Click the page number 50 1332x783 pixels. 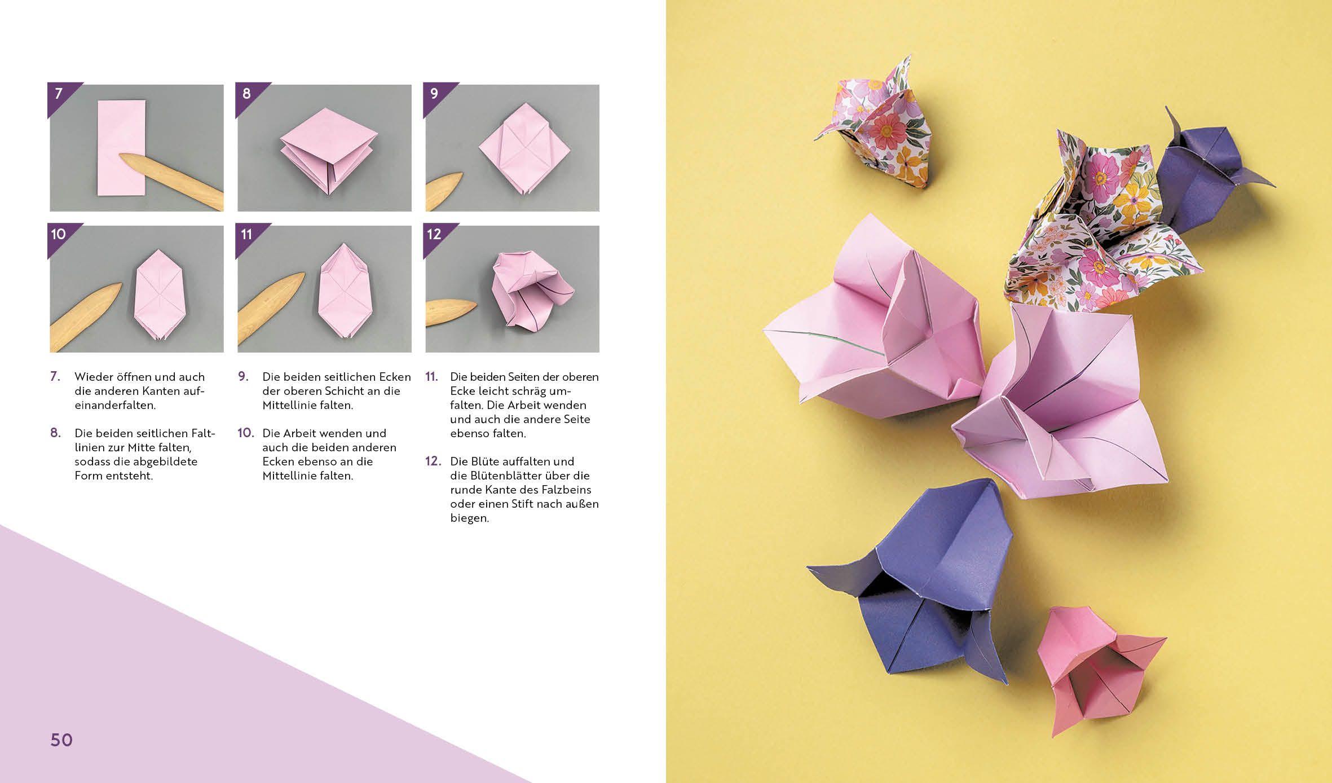(61, 740)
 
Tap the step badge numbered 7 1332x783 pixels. (59, 94)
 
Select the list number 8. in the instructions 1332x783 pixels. (55, 433)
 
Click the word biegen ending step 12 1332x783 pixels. (469, 518)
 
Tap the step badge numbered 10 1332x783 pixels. (59, 235)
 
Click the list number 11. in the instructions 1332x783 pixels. (431, 377)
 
